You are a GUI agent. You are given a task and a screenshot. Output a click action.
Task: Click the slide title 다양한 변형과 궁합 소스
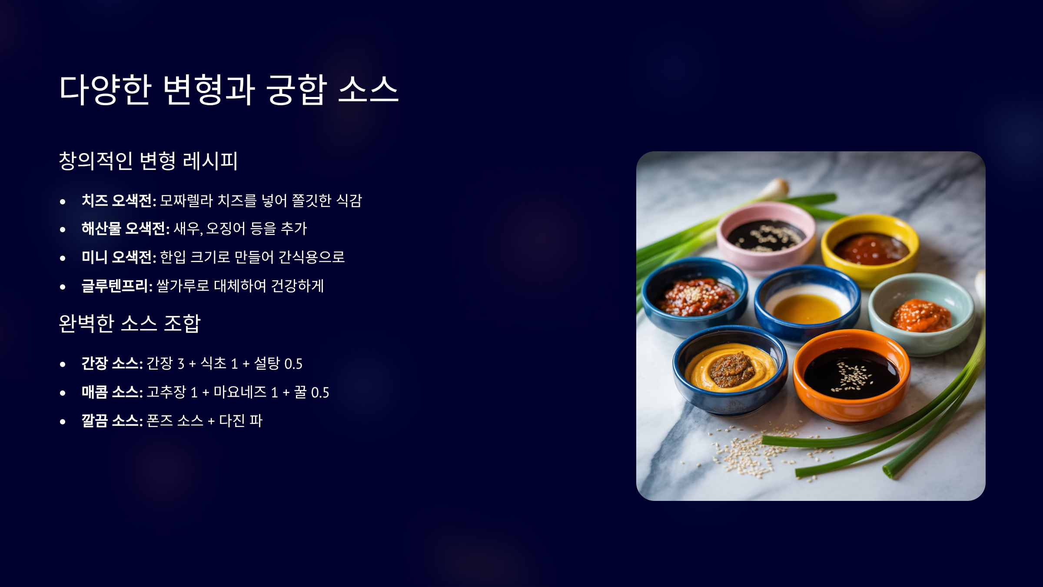[x=229, y=89]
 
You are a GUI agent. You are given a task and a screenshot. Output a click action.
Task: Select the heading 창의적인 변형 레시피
[x=148, y=161]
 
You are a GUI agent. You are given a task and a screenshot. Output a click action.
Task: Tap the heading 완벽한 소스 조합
[x=130, y=324]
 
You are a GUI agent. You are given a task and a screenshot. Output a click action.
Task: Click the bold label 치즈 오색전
[x=119, y=200]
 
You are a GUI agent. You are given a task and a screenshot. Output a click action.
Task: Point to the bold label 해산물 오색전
[x=126, y=229]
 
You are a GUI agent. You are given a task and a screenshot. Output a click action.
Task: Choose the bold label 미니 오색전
[x=119, y=257]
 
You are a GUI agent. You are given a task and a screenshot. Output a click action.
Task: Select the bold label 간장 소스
[x=112, y=364]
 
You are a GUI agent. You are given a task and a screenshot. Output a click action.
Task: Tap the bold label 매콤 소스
[x=112, y=392]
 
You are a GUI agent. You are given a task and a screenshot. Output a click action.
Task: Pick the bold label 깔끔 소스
[x=112, y=420]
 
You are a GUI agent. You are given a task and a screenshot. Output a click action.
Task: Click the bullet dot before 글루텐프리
[x=63, y=287]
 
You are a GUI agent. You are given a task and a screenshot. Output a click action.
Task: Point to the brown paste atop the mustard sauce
[x=732, y=370]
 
